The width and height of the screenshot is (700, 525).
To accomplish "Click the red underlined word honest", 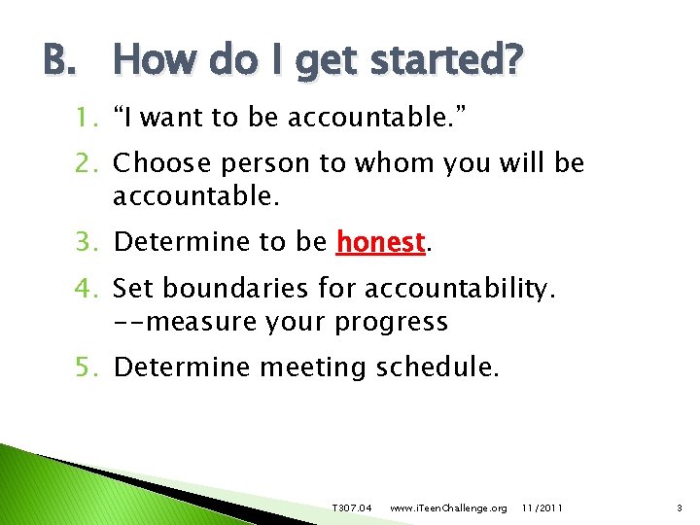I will click(x=380, y=241).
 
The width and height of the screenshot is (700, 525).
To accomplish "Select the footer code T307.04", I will click(x=351, y=508).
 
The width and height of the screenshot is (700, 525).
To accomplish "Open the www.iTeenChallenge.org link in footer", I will click(x=447, y=508).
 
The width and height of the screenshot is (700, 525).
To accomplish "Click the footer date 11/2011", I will click(x=542, y=508).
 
